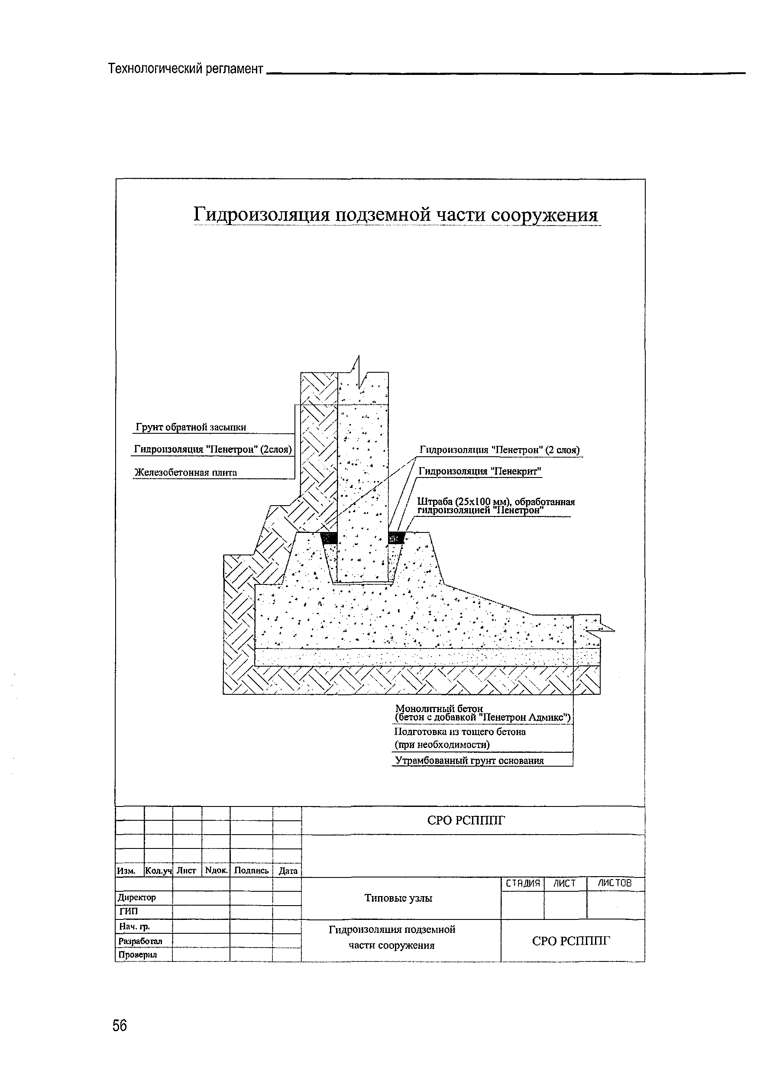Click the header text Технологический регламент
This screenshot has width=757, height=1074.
coord(186,69)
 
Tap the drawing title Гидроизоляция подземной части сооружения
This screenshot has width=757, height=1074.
coord(396,215)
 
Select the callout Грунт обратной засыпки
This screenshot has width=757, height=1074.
coord(191,427)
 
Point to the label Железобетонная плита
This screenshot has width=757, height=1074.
coord(186,472)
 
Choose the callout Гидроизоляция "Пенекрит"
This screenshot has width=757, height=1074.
coord(479,471)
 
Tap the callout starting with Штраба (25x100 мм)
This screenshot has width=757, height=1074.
coord(495,506)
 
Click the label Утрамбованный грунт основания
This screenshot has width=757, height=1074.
coord(469,760)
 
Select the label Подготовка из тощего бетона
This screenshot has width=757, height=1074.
coord(460,732)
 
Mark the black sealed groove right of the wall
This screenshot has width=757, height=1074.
coord(396,538)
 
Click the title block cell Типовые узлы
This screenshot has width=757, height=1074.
coord(398,898)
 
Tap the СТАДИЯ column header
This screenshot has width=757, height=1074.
coord(523,883)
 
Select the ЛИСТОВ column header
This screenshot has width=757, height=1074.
coord(615,883)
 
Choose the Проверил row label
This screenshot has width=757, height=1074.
coord(138,955)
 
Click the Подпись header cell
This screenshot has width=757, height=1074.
coord(251,871)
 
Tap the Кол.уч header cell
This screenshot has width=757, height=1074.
coord(159,871)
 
